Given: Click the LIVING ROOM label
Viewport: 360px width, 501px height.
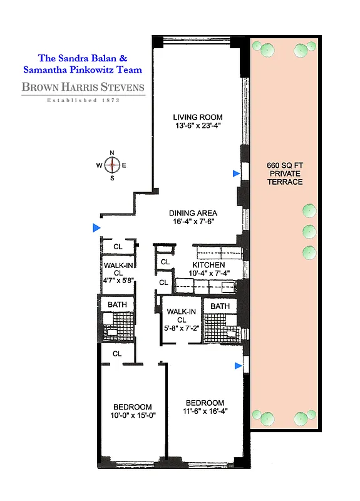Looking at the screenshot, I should click(197, 117).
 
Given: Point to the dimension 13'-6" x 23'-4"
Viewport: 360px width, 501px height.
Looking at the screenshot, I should click(197, 127).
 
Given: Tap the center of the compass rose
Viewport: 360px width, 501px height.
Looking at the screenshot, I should click(112, 165).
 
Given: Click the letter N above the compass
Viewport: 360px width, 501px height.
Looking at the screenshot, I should click(112, 153).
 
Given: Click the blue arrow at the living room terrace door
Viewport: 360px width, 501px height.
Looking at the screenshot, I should click(235, 173).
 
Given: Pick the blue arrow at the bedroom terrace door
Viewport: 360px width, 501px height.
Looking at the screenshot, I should click(237, 365).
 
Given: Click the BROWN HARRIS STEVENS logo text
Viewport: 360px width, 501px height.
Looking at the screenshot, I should click(83, 88).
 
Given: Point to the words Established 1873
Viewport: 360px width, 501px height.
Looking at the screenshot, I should click(84, 100).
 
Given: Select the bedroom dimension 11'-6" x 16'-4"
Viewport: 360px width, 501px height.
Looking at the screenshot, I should click(205, 411).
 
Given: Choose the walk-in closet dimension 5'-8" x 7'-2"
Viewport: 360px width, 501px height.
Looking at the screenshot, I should click(181, 329).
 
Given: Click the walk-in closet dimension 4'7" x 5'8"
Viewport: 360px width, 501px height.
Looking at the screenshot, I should click(118, 281).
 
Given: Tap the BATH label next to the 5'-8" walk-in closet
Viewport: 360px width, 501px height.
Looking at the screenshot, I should click(220, 306).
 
